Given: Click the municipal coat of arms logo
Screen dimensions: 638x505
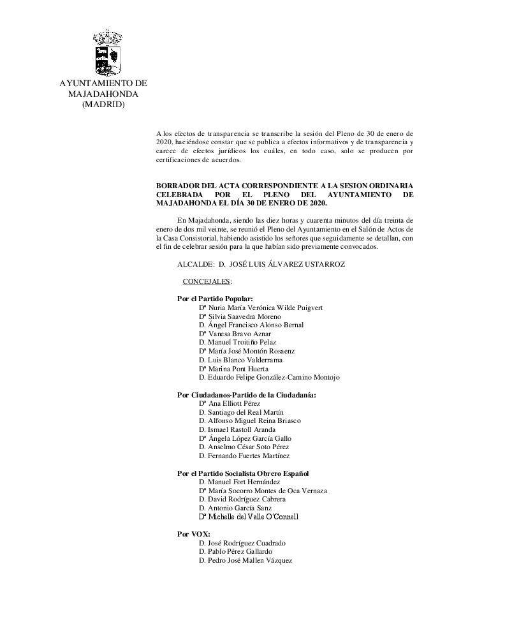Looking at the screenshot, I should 107,52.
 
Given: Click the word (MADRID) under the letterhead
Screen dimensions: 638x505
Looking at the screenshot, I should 103,104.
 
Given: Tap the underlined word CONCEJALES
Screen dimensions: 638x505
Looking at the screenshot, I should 207,281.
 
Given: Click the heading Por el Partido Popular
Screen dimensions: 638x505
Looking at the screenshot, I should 215,299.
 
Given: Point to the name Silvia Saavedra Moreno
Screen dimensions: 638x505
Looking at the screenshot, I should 240,316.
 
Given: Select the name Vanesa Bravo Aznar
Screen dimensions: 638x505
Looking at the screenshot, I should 235,334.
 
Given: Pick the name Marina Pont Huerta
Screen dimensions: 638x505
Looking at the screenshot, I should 234,369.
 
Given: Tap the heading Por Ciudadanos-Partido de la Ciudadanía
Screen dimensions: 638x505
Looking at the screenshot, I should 246,395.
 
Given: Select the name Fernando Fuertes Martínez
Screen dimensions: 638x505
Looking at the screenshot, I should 244,456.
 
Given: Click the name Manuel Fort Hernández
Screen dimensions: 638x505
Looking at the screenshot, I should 239,482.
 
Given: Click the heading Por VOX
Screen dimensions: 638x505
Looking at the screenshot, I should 193,534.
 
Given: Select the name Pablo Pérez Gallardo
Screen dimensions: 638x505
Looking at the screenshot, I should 235,551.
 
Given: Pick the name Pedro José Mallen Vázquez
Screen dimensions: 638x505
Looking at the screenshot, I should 245,560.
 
